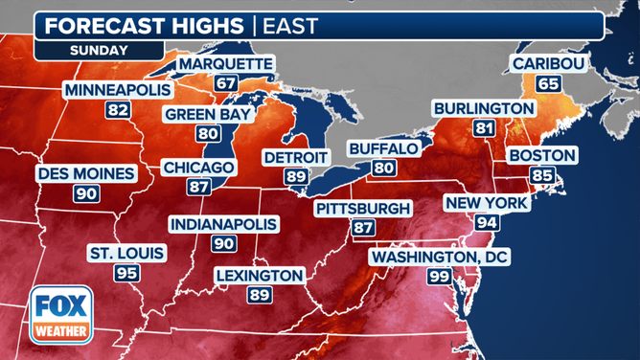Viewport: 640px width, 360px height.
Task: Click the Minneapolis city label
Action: (x=118, y=90)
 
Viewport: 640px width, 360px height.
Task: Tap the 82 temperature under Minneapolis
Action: (x=118, y=110)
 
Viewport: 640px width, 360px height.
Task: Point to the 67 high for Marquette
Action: (x=226, y=84)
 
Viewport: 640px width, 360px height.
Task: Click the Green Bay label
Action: (x=208, y=114)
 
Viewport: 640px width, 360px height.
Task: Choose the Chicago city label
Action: (x=199, y=167)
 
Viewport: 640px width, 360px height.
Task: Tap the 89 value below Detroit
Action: (x=295, y=176)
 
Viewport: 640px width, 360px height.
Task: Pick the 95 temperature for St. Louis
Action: (x=126, y=274)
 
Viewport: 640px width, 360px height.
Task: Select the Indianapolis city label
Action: (x=224, y=224)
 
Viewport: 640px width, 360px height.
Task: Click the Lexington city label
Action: (x=259, y=276)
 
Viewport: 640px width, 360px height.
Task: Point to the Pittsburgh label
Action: (x=363, y=208)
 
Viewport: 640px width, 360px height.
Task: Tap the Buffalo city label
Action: (x=383, y=148)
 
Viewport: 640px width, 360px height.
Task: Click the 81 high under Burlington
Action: (x=483, y=128)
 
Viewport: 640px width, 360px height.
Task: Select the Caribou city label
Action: (x=548, y=64)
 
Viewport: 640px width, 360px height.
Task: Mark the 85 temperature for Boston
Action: (x=542, y=175)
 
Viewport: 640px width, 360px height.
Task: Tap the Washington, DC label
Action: (x=441, y=257)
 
